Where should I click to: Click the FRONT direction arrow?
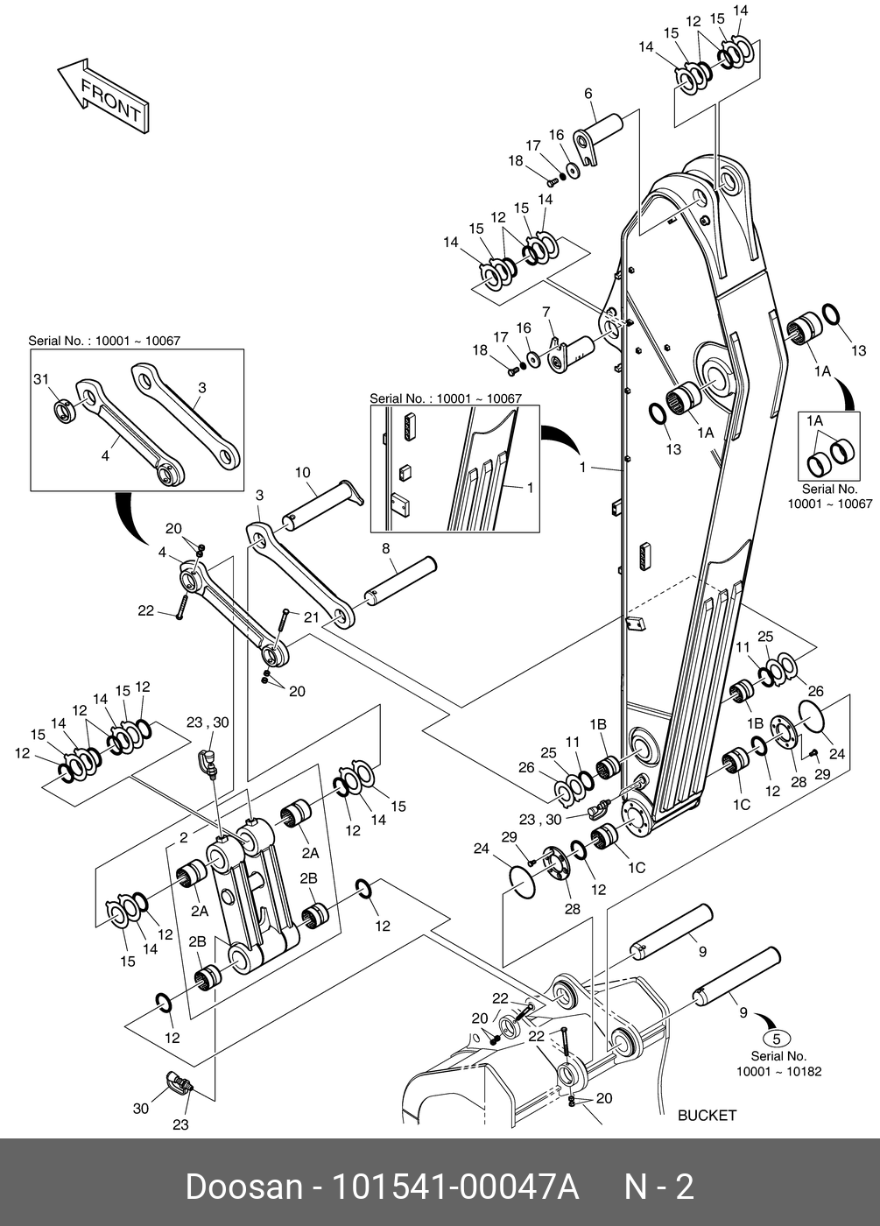pyautogui.click(x=101, y=95)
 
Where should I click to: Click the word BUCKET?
pyautogui.click(x=707, y=1115)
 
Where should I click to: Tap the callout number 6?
pyautogui.click(x=588, y=94)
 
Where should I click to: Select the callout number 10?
pyautogui.click(x=302, y=473)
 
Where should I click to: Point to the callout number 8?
pyautogui.click(x=385, y=549)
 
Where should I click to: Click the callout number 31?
pyautogui.click(x=40, y=378)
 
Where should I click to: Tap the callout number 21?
pyautogui.click(x=311, y=617)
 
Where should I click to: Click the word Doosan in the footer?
pyautogui.click(x=243, y=1187)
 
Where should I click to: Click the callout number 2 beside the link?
pyautogui.click(x=184, y=838)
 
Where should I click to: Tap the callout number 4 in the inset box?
pyautogui.click(x=104, y=455)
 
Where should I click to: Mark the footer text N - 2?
pyautogui.click(x=658, y=1187)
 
